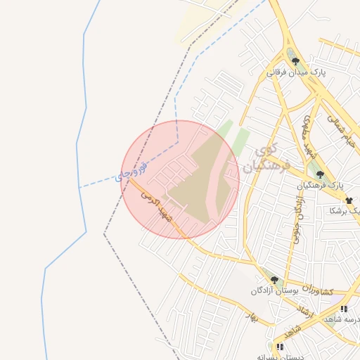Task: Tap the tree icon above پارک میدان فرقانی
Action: [x=295, y=61]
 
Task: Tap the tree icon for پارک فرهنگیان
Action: [x=320, y=174]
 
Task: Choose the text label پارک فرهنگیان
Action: [x=321, y=186]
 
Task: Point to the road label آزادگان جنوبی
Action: [x=299, y=217]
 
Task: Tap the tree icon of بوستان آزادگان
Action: [x=274, y=280]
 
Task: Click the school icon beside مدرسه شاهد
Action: [x=344, y=309]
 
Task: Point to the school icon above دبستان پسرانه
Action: [x=280, y=347]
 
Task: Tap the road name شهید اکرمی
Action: [x=159, y=206]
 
